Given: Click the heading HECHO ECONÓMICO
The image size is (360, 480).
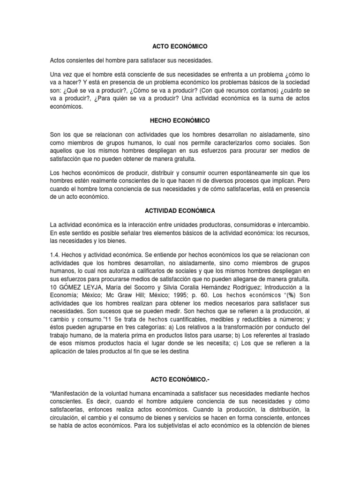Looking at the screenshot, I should [180, 120].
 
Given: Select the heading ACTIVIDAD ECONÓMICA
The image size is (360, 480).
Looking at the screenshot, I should [180, 211].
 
